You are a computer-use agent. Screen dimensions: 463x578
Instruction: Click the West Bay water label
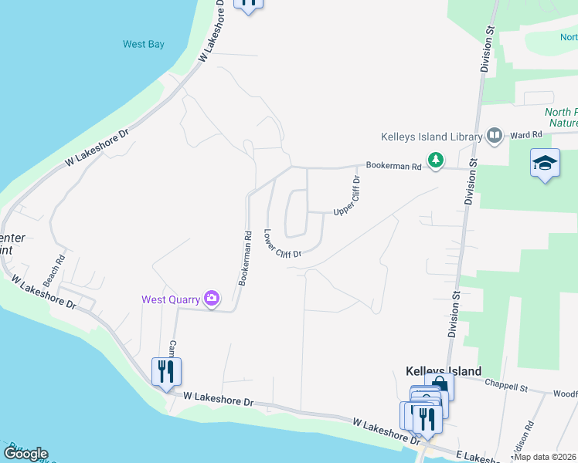point(144,45)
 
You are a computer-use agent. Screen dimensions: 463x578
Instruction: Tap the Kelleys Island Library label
point(432,137)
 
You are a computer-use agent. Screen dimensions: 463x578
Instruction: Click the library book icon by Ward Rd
point(495,137)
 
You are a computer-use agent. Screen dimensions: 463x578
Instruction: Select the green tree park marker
point(437,160)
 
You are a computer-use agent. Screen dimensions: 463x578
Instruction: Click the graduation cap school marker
point(545,163)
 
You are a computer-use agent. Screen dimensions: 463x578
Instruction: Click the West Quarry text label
point(169,299)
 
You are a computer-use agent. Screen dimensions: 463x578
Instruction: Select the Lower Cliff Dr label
point(282,244)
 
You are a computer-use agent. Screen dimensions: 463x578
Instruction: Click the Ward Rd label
point(525,136)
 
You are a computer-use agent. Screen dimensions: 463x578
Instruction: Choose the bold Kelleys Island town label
point(444,371)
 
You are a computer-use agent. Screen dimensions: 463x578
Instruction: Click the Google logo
point(25,454)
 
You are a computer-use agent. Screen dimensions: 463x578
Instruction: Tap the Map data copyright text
point(545,457)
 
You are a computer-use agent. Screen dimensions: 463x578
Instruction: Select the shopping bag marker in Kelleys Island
point(440,384)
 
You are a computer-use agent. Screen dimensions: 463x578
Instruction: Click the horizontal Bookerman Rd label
point(393,166)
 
